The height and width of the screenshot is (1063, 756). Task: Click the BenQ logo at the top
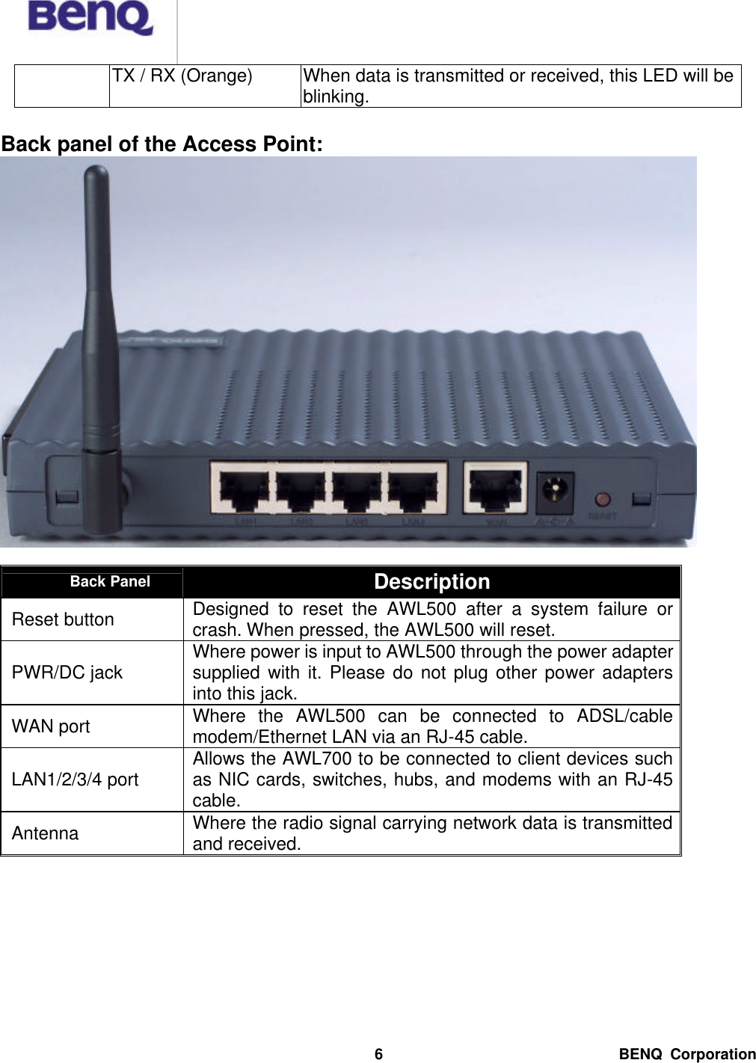pos(90,18)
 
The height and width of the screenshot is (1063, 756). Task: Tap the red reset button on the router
pos(602,499)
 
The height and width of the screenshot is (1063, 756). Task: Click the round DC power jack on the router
pos(556,490)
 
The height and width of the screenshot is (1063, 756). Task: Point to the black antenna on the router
pos(99,352)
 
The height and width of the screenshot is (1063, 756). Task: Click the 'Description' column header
pos(431,581)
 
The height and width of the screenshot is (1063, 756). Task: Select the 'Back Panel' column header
pos(110,581)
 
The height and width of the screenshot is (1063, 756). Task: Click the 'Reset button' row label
pos(63,619)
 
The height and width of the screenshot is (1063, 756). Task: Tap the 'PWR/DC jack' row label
pos(67,673)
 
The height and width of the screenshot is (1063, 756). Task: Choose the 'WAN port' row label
pos(51,726)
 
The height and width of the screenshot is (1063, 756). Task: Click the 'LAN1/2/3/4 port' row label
pos(75,779)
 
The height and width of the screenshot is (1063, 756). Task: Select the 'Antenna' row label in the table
pos(45,833)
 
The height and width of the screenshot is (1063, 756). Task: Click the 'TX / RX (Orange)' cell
pos(182,76)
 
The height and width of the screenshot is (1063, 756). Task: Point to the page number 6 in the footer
pos(378,1054)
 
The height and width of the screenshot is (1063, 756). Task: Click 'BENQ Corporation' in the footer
pos(687,1054)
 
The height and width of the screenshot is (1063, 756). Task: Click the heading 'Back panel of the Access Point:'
pos(162,144)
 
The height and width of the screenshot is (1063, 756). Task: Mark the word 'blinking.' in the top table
pos(336,97)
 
